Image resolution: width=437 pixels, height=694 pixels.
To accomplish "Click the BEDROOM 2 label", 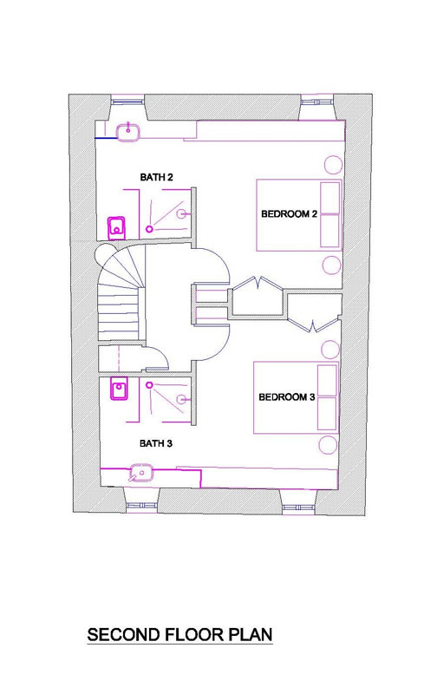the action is click(x=289, y=214).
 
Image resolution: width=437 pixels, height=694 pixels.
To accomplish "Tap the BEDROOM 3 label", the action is click(x=287, y=397).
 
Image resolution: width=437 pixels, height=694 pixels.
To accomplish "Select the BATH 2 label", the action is click(x=156, y=178).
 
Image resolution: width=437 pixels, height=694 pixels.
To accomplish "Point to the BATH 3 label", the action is click(x=156, y=443).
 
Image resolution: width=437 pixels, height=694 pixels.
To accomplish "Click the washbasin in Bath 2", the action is click(x=128, y=132).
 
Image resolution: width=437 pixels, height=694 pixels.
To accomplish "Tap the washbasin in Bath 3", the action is click(x=141, y=473).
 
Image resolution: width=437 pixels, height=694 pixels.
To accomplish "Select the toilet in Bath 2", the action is click(x=117, y=227).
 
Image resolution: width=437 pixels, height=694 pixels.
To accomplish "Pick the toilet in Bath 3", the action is click(x=119, y=389).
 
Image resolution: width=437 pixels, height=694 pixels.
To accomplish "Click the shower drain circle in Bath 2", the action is click(x=149, y=229).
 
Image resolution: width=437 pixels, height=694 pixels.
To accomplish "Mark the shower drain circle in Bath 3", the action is click(x=149, y=385).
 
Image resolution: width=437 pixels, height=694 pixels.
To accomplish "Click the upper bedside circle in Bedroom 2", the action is click(x=334, y=165).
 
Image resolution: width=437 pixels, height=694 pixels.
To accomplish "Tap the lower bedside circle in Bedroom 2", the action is click(x=330, y=265).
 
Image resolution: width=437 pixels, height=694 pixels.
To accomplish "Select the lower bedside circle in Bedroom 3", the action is click(x=329, y=445).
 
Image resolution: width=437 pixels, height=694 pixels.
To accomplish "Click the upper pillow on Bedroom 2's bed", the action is click(x=330, y=198).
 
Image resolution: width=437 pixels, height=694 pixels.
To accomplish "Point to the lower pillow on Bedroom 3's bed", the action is click(x=327, y=414).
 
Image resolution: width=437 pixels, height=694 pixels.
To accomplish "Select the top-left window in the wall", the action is click(x=127, y=101).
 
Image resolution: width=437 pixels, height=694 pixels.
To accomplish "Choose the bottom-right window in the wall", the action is click(x=297, y=507).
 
